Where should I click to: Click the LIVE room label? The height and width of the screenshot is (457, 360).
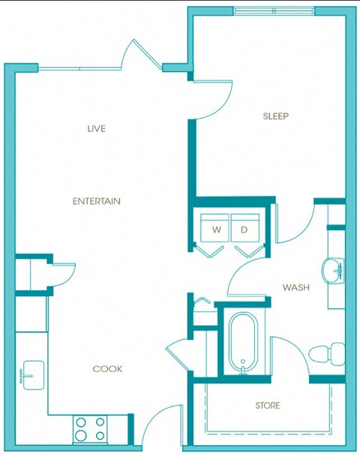[96, 128]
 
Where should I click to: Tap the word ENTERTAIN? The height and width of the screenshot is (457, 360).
[96, 201]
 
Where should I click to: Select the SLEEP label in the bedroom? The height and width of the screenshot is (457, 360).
[275, 116]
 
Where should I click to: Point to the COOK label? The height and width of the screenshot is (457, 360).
[107, 369]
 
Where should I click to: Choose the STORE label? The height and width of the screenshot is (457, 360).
[267, 406]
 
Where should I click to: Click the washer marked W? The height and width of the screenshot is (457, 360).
[216, 229]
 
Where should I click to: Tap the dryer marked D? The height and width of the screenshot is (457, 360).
[244, 229]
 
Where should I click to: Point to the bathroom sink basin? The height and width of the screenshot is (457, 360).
[333, 269]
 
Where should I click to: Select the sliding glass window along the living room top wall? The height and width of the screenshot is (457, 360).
[81, 68]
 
